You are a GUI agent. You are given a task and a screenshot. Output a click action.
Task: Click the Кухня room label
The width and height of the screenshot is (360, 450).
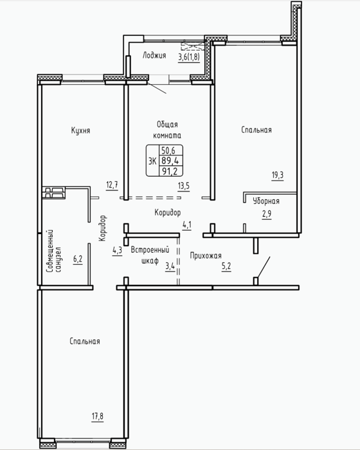(x=80, y=130)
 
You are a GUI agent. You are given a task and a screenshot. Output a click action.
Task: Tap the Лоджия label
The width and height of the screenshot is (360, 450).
(x=154, y=55)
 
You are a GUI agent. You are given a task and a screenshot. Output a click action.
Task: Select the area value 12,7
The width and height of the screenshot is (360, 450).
(x=112, y=184)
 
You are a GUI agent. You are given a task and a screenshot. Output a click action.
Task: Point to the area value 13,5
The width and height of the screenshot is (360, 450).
(x=183, y=186)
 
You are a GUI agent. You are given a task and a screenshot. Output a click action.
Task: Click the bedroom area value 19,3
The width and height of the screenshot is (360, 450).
(x=278, y=174)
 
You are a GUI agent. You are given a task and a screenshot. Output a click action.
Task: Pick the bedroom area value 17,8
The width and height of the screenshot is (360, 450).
(x=98, y=416)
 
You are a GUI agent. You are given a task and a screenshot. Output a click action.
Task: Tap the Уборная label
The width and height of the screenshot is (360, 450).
(x=266, y=201)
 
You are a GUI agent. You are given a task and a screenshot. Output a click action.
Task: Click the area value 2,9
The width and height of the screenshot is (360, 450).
(x=267, y=214)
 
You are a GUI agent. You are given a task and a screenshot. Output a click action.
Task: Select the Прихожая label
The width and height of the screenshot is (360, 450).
(x=206, y=255)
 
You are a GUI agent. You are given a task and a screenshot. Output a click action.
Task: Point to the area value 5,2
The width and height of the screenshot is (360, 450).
(x=226, y=266)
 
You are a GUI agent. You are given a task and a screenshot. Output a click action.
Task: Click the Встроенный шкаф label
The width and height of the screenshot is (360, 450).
(x=150, y=255)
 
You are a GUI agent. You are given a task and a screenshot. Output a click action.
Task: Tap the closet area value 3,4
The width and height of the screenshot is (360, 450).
(x=170, y=267)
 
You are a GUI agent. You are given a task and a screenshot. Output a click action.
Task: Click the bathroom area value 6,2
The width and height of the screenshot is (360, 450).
(x=78, y=259)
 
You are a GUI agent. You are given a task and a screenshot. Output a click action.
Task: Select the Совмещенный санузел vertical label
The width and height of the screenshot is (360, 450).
(x=54, y=251)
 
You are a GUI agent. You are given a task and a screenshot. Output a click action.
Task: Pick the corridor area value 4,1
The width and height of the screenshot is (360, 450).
(x=187, y=225)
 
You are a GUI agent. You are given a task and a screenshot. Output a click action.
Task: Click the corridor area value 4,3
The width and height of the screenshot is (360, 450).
(x=117, y=250)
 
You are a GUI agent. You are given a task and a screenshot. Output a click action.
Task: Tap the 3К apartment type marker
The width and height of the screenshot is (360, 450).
(x=152, y=161)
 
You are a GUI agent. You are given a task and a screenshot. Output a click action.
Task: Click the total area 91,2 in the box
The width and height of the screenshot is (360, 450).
(x=170, y=172)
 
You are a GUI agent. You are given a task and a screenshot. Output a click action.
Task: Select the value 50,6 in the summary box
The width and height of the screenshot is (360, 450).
(x=168, y=150)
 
